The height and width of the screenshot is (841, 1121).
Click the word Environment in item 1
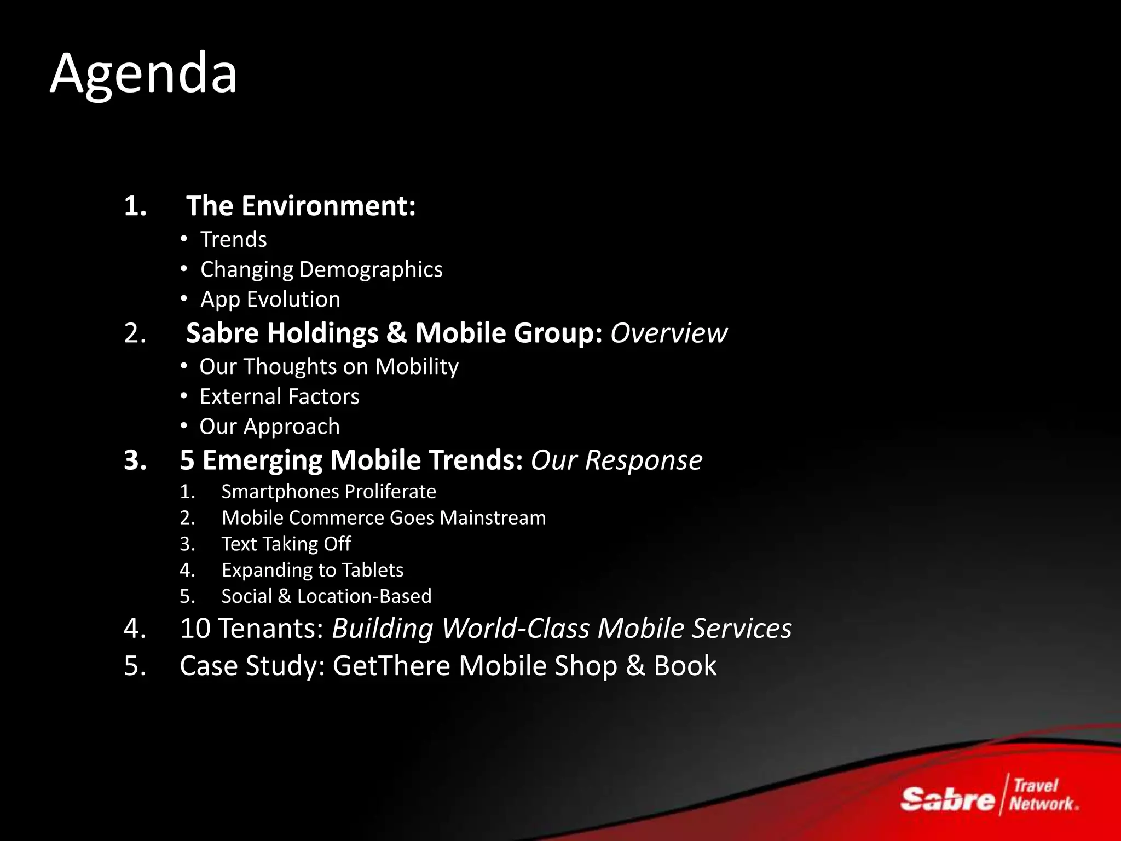[x=328, y=206]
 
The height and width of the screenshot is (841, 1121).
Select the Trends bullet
[x=233, y=240]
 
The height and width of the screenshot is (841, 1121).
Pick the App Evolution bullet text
[x=270, y=299]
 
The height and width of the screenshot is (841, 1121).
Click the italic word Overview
[x=668, y=333]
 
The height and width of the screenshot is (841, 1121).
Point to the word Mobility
[x=417, y=367]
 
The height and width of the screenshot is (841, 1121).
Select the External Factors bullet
[x=279, y=396]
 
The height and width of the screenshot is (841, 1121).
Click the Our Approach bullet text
[x=269, y=427]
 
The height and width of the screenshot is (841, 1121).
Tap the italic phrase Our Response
[x=616, y=460]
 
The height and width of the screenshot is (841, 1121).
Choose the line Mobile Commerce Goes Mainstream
[x=383, y=518]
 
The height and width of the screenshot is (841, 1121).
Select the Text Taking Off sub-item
[x=286, y=544]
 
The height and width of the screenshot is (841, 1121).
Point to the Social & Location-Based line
[x=326, y=596]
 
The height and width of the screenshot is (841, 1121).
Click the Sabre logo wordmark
[x=947, y=799]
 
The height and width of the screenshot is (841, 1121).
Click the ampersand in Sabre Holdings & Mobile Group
[x=396, y=333]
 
